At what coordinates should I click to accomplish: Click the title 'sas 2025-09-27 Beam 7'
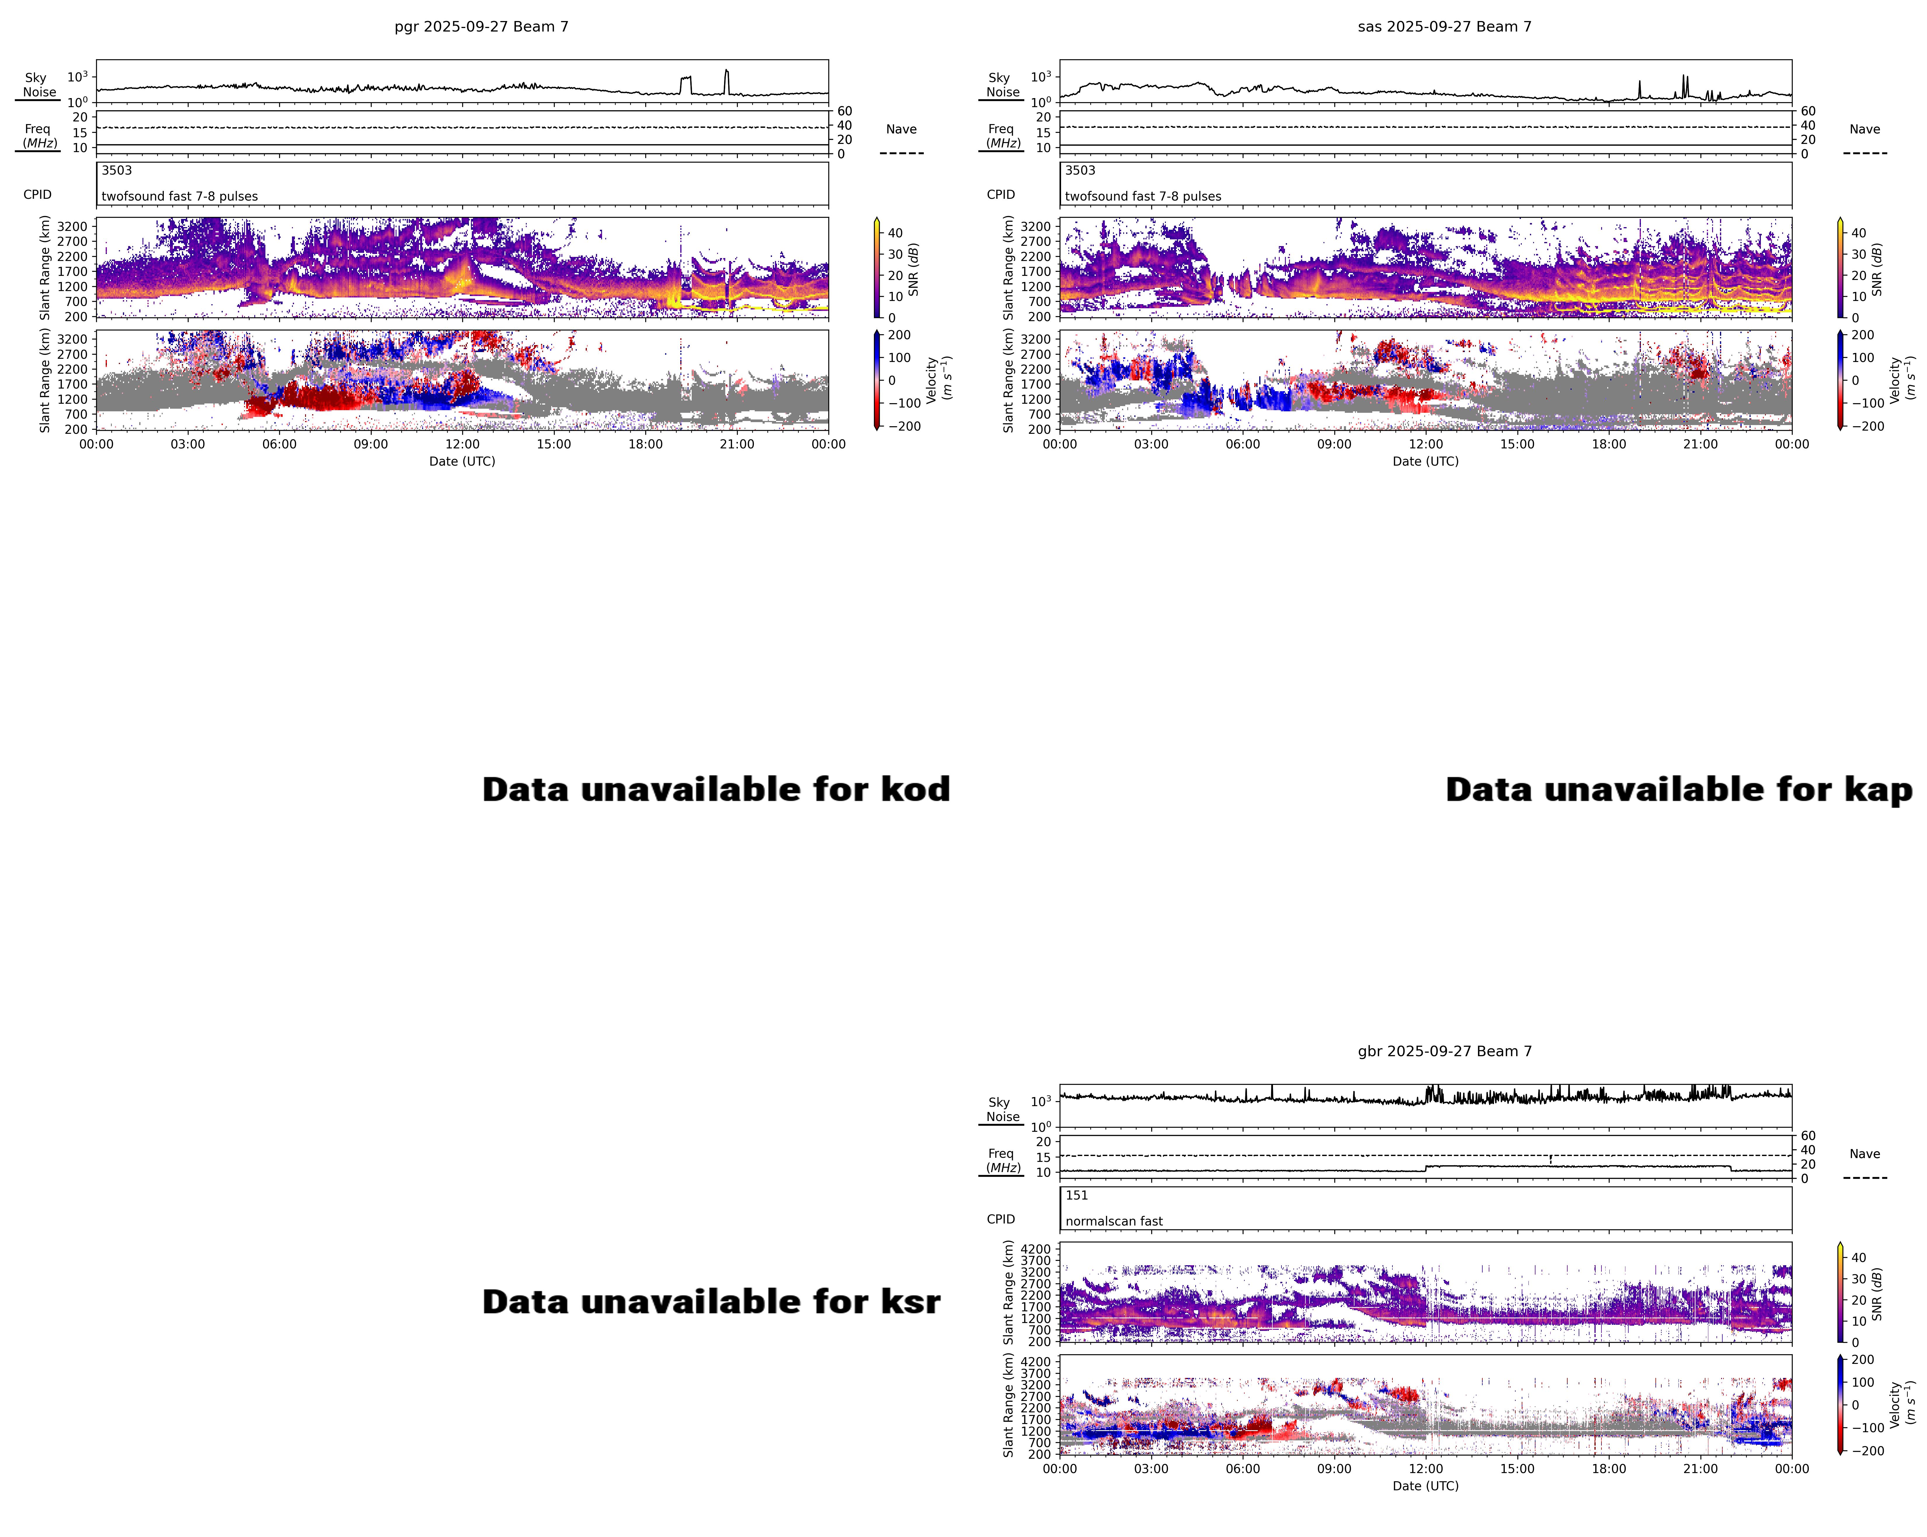point(1444,27)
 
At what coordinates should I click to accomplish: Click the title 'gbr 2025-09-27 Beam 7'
point(1444,1052)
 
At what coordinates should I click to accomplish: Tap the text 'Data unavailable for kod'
point(716,790)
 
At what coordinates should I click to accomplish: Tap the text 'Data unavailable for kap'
point(1679,790)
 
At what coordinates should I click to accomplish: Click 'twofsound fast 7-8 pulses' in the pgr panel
point(180,196)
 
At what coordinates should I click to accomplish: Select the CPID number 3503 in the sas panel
point(1080,171)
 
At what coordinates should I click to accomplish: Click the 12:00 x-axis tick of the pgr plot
point(462,444)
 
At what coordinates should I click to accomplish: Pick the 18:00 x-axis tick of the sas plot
point(1609,444)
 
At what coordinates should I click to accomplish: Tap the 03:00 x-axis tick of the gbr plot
point(1151,1469)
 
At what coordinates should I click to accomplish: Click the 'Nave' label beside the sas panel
point(1865,130)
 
